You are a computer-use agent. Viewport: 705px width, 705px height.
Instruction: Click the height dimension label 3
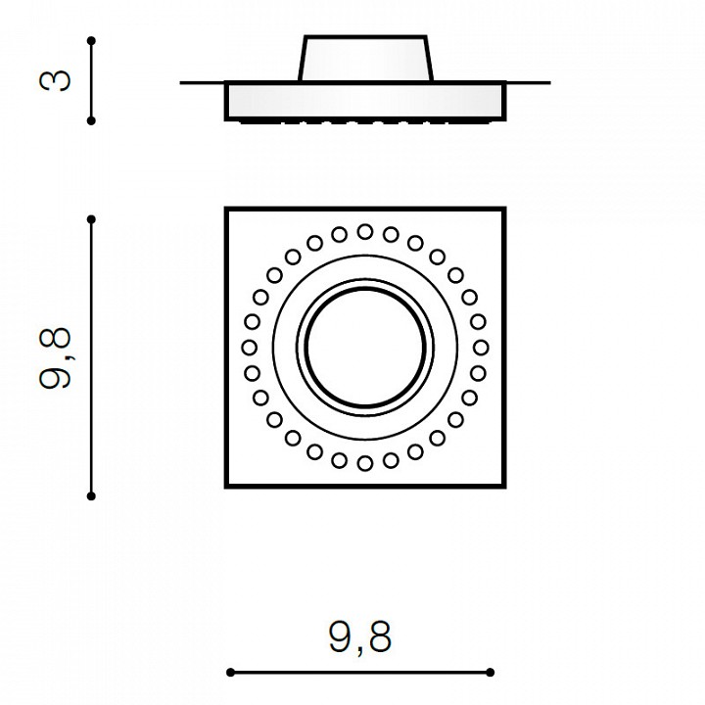55,80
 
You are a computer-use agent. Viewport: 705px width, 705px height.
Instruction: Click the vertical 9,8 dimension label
55,358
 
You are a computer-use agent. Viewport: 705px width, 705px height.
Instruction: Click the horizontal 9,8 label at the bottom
360,636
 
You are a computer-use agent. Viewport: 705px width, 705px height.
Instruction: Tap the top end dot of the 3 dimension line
91,41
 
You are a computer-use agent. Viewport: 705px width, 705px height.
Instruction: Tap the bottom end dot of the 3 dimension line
91,120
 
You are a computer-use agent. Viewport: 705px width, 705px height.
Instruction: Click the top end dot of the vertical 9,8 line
91,219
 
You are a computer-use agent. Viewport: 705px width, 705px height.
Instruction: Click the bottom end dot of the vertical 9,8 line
91,495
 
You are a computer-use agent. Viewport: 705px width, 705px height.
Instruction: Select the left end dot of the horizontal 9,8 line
231,672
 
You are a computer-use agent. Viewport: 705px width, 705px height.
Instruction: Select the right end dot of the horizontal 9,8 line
491,672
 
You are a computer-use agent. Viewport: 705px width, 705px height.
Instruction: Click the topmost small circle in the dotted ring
365,232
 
